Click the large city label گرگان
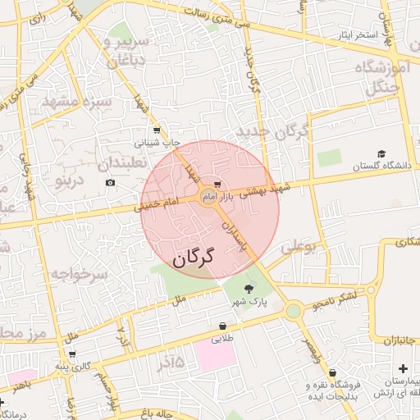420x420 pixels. click(x=193, y=258)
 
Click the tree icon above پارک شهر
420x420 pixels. click(x=249, y=287)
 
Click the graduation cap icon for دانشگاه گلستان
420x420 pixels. click(x=381, y=153)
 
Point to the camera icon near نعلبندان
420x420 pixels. click(x=111, y=181)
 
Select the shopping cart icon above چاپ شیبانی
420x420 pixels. click(x=157, y=130)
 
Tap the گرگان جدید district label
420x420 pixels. click(x=272, y=131)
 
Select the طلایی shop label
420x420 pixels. click(x=223, y=338)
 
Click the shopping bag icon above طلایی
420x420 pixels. click(x=223, y=326)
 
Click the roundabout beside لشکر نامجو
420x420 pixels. click(x=293, y=312)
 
